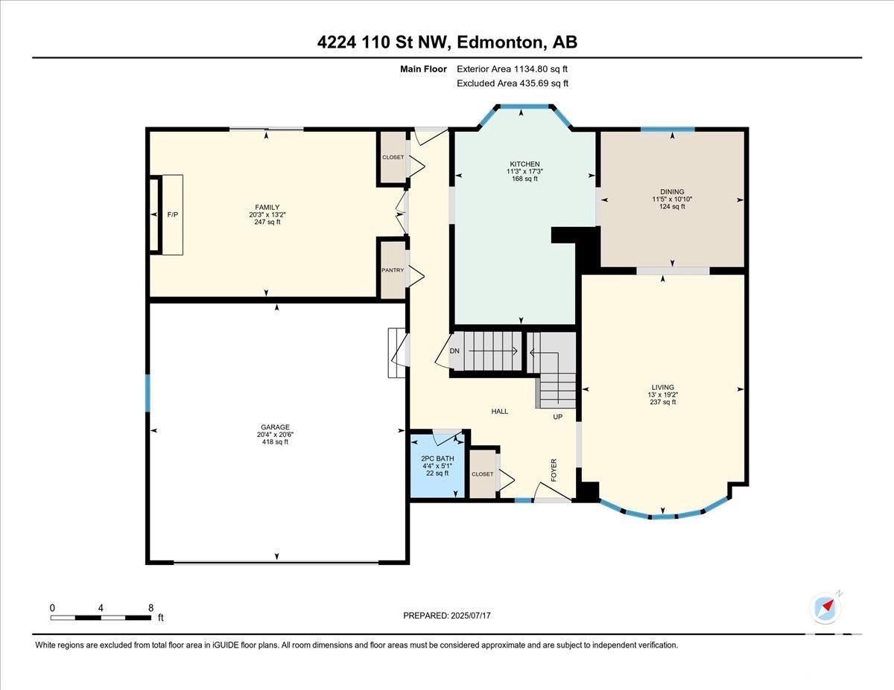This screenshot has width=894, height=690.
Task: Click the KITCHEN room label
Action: click(524, 164)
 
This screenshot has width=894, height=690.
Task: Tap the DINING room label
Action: click(672, 191)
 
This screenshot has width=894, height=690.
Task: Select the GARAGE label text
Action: click(275, 427)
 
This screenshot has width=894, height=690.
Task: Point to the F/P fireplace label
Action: click(173, 214)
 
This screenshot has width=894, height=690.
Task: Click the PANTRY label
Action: click(393, 270)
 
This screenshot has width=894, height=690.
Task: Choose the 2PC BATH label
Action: click(437, 459)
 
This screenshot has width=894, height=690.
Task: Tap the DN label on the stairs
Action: click(454, 351)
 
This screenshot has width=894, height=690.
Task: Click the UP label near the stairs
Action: click(557, 417)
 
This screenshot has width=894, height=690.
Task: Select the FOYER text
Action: click(554, 470)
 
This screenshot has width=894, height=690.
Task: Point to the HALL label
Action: click(499, 412)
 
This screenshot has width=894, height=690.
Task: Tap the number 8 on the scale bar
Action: click(151, 608)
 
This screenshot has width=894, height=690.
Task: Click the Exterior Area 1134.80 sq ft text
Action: click(512, 69)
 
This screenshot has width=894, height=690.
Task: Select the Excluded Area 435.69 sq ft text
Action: click(513, 83)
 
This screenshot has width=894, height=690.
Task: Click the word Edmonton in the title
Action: click(499, 42)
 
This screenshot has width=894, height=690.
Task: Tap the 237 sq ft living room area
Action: click(663, 402)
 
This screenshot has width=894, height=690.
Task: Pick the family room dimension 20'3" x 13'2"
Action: click(267, 214)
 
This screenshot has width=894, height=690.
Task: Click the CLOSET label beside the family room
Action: click(393, 157)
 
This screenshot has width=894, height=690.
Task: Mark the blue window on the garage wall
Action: click(148, 393)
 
